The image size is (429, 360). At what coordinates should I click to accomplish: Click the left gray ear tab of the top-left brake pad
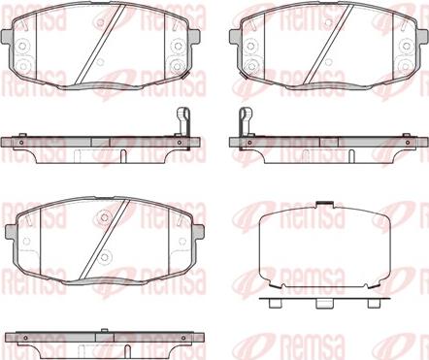click(x=7, y=36)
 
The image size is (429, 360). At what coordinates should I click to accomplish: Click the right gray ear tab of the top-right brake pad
click(x=422, y=36)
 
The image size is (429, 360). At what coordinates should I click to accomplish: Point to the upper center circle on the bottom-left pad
click(x=104, y=217)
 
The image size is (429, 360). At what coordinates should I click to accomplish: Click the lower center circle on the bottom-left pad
click(x=104, y=257)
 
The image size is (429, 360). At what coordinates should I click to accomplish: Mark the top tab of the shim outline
click(x=324, y=204)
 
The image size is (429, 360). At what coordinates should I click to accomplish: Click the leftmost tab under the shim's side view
click(x=275, y=303)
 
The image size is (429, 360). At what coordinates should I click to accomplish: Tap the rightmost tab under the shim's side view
click(x=373, y=303)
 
